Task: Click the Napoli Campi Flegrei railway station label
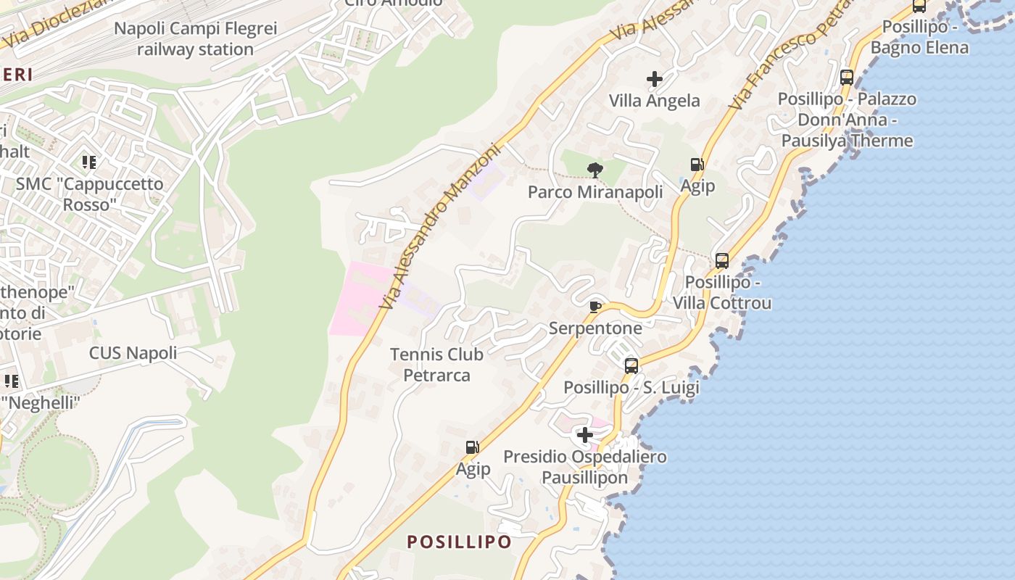[x=196, y=39]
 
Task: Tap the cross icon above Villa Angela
[x=655, y=78]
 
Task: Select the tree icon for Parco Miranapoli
[x=595, y=170]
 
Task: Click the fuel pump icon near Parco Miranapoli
[x=697, y=165]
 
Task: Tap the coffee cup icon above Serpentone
[x=595, y=307]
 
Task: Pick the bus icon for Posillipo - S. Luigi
[x=631, y=365]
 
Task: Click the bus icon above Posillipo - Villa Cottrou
[x=721, y=260]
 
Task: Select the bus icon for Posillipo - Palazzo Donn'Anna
[x=846, y=78]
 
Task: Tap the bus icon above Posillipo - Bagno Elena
[x=919, y=7]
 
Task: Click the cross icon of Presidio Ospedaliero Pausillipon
[x=584, y=435]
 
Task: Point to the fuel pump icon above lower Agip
[x=473, y=447]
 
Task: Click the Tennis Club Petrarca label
[x=436, y=365]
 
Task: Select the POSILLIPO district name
[x=459, y=542]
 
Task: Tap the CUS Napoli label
[x=133, y=353]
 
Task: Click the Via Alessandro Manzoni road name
[x=440, y=226]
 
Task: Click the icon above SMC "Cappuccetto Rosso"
[x=89, y=162]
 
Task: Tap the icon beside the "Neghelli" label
[x=11, y=381]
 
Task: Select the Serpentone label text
[x=595, y=328]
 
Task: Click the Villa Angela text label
[x=655, y=100]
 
